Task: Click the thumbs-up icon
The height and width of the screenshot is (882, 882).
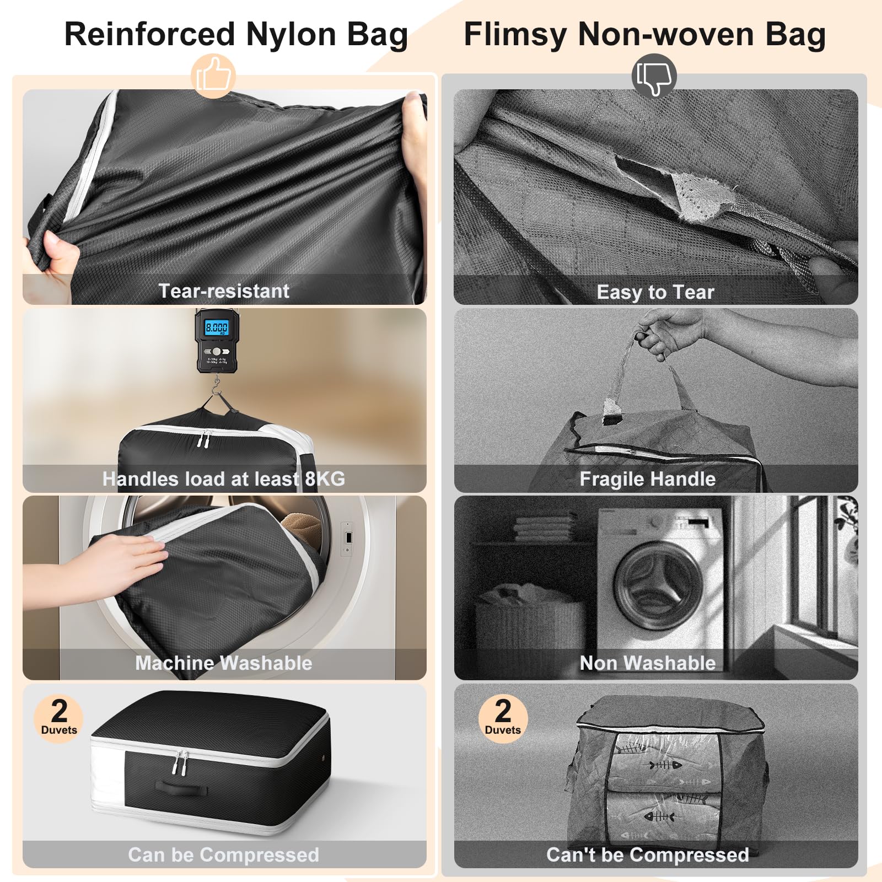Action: tap(213, 76)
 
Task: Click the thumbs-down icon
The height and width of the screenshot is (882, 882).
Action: tap(654, 76)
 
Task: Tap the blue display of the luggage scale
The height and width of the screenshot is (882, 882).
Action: tap(217, 328)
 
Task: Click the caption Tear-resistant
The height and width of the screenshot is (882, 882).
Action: tap(224, 291)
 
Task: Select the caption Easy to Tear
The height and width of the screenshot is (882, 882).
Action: tap(655, 292)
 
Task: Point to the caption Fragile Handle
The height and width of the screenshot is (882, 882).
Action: tap(648, 479)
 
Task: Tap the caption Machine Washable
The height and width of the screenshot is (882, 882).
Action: tap(224, 663)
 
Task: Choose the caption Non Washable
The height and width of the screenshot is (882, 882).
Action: tap(648, 663)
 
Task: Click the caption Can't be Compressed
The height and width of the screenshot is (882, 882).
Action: tap(648, 855)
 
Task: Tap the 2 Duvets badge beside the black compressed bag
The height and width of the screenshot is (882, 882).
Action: tap(59, 718)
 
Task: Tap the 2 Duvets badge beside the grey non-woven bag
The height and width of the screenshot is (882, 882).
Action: tap(503, 718)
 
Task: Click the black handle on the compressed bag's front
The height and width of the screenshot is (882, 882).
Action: tap(181, 788)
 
